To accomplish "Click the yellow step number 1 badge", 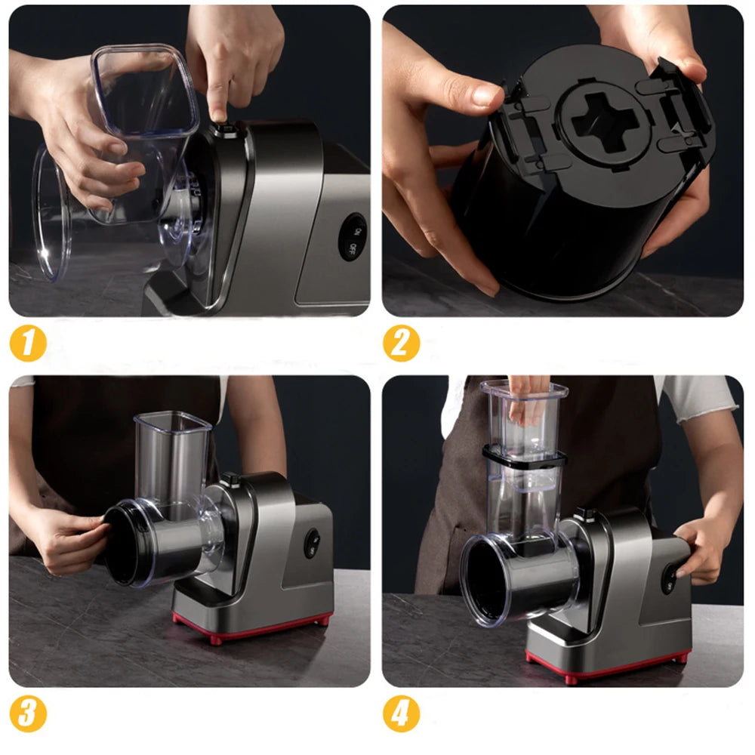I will click(28, 344).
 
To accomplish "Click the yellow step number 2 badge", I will click(401, 344).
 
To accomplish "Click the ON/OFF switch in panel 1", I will click(352, 237).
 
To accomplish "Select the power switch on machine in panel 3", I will click(311, 543).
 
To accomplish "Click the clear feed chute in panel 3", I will click(172, 453).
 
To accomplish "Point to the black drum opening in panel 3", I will click(119, 544).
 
